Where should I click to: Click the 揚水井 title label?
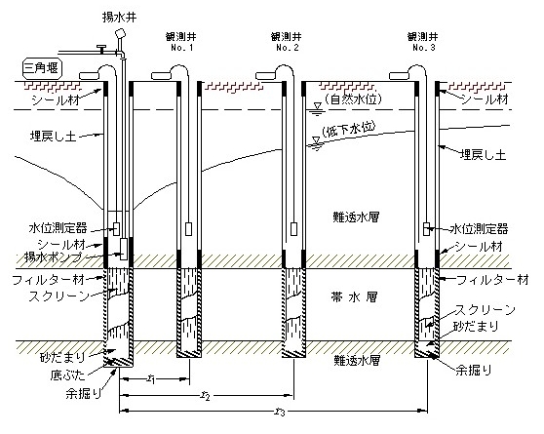tap(119, 17)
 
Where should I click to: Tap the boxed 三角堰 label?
tap(42, 67)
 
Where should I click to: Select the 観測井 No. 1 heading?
tap(181, 42)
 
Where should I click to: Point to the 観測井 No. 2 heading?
tap(287, 42)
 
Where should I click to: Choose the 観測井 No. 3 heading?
tap(423, 42)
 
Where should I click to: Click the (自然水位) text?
tap(353, 99)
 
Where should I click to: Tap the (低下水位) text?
tap(348, 131)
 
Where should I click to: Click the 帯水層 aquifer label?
tap(354, 297)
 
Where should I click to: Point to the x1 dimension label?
tap(150, 378)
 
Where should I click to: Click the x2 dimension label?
tap(206, 395)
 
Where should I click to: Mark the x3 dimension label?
tap(280, 412)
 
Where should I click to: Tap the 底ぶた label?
tap(67, 375)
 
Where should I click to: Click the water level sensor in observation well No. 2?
tap(293, 229)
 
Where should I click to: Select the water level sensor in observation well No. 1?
tap(188, 229)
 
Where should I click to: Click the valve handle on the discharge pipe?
tap(101, 48)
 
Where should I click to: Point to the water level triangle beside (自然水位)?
tap(317, 105)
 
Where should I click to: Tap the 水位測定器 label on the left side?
tap(58, 228)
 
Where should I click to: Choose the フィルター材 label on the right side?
tap(493, 279)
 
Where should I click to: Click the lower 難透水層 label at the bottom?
tap(357, 360)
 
